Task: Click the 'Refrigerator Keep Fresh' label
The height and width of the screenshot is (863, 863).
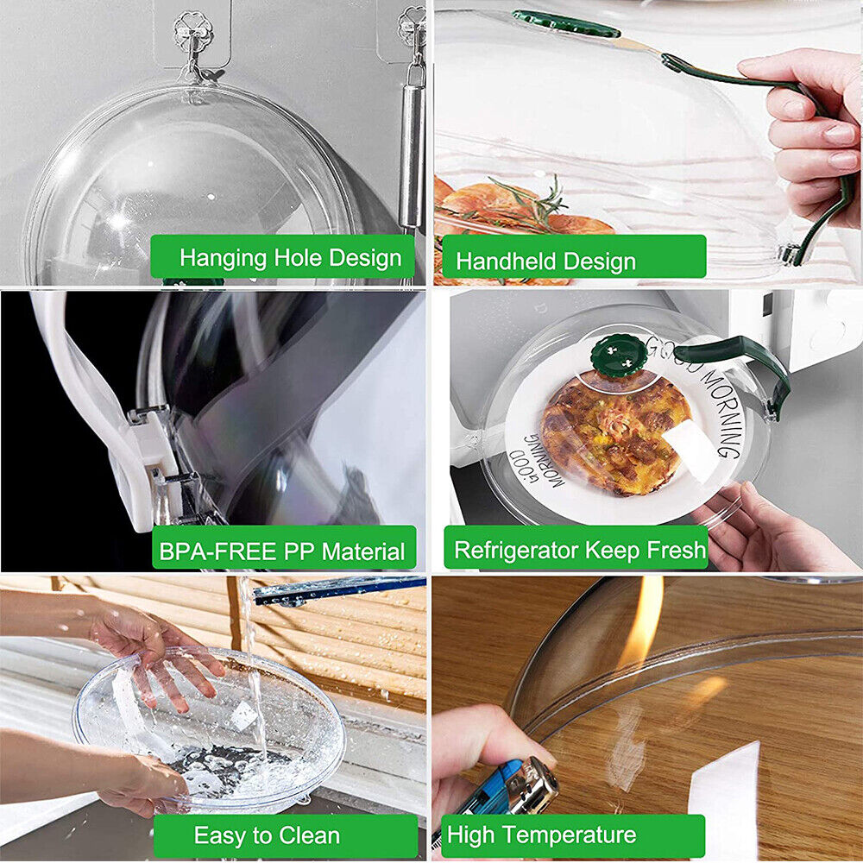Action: (x=576, y=550)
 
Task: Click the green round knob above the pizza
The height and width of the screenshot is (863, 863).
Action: (x=618, y=353)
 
